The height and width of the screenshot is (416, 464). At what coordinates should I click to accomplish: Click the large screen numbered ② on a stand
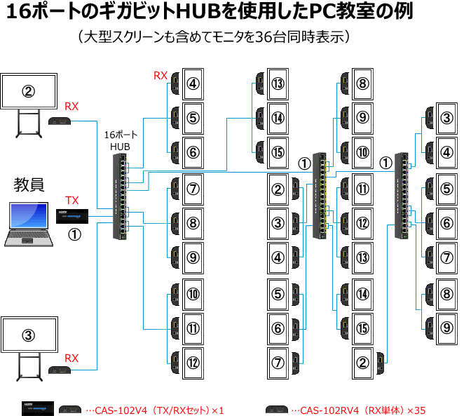pos(28,90)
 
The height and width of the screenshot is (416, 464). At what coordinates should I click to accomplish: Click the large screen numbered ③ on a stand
pos(28,335)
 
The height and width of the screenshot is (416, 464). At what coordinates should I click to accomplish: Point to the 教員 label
pos(29,185)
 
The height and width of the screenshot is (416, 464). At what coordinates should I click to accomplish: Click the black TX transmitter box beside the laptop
pos(72,215)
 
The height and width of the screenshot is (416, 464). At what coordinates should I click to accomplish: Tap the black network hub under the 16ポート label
pos(118,196)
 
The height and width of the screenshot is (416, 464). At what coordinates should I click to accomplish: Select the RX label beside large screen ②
pos(72,106)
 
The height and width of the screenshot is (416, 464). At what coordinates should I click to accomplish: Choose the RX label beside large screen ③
pos(72,358)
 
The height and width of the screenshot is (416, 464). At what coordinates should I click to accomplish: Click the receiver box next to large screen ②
pos(62,121)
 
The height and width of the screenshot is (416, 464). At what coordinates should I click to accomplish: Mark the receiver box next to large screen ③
pos(62,370)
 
